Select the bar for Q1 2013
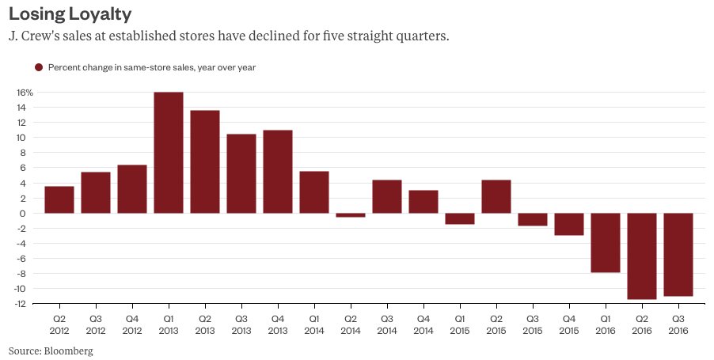click(169, 153)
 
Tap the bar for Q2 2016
click(642, 256)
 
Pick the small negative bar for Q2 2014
click(351, 215)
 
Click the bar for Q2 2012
click(59, 199)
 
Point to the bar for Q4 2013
click(278, 172)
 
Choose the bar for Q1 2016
click(606, 242)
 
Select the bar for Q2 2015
click(496, 196)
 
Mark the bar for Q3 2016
click(678, 254)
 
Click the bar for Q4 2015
click(569, 224)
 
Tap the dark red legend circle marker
click(39, 68)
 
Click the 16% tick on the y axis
click(24, 93)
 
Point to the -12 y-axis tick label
click(25, 304)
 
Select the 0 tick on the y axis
click(28, 214)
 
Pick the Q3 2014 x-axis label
click(387, 324)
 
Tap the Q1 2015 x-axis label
click(460, 324)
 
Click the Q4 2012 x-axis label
click(132, 324)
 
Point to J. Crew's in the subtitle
click(36, 37)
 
